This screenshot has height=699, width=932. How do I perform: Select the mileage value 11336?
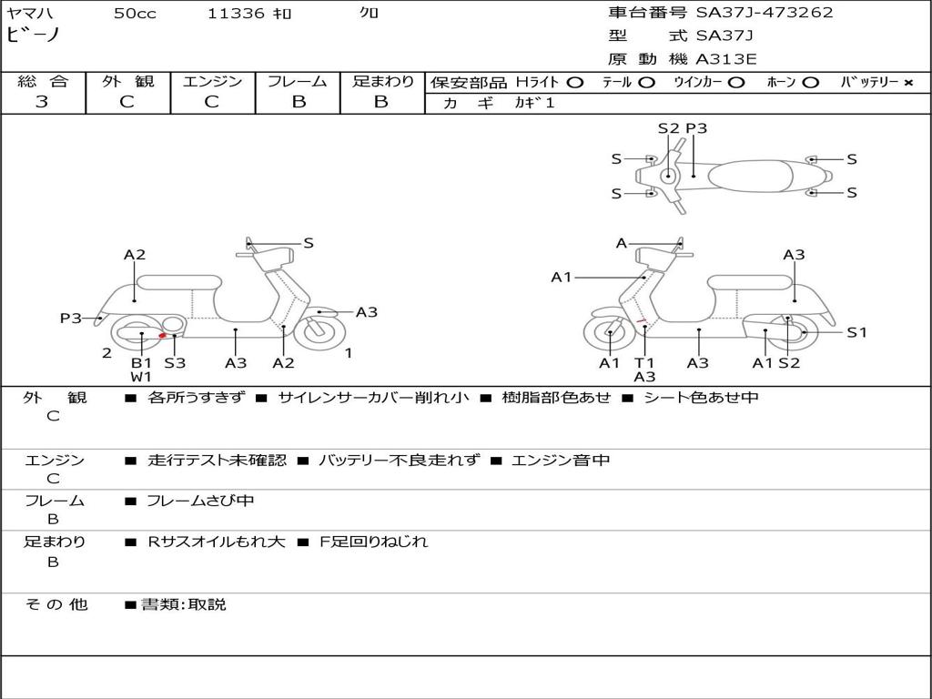(x=236, y=14)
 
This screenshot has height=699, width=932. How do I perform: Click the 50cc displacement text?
(x=135, y=14)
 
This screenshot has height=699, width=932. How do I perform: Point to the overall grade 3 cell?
(x=42, y=102)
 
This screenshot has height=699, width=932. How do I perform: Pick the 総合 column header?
(x=42, y=82)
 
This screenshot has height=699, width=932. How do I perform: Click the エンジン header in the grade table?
(x=212, y=82)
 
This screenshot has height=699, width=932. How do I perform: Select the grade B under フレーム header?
(x=298, y=102)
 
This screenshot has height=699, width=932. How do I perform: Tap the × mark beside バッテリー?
(x=907, y=83)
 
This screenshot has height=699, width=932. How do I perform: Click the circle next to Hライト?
(x=575, y=83)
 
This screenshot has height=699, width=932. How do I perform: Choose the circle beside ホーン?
(x=811, y=83)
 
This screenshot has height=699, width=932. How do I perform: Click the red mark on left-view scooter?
(x=163, y=336)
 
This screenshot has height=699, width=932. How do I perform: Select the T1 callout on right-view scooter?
(x=644, y=363)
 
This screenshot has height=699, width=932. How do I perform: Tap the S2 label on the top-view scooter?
(x=668, y=128)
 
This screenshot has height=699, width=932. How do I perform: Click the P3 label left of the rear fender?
(x=71, y=319)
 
